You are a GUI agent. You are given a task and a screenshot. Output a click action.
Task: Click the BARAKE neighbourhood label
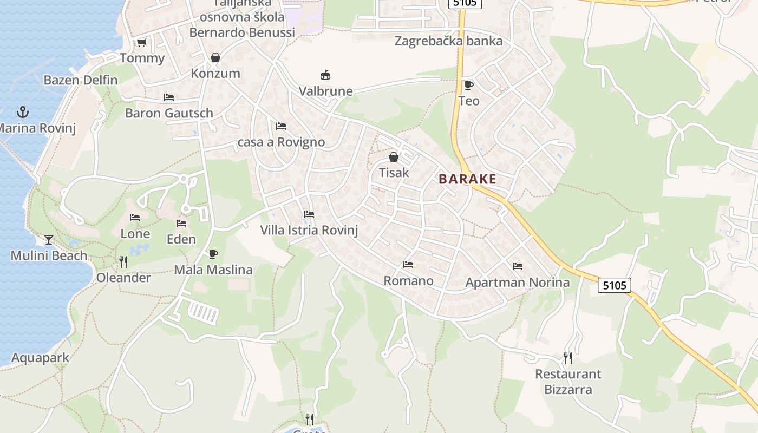tap(467, 179)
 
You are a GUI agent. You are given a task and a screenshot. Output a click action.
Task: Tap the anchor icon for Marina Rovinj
tap(23, 113)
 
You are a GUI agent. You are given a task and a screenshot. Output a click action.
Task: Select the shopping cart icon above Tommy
tap(141, 42)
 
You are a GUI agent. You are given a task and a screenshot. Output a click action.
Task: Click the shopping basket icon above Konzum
tap(215, 57)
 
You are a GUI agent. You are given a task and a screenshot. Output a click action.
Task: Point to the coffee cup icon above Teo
tap(468, 85)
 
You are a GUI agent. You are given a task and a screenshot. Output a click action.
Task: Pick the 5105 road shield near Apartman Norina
tap(615, 285)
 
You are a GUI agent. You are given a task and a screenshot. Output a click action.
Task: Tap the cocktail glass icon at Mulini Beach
tap(49, 239)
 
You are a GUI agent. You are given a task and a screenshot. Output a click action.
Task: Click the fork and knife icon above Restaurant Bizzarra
tap(567, 358)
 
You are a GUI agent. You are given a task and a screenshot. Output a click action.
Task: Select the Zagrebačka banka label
tap(448, 41)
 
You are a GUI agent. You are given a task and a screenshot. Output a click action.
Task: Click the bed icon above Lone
tap(135, 218)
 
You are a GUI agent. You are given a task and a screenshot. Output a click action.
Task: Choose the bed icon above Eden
tap(181, 223)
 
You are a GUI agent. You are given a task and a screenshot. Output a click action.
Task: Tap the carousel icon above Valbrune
tap(325, 75)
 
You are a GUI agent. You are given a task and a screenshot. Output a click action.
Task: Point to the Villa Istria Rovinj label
tap(309, 230)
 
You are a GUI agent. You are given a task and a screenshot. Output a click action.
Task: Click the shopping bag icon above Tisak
tap(393, 157)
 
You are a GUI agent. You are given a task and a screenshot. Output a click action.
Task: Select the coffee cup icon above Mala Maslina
tap(213, 254)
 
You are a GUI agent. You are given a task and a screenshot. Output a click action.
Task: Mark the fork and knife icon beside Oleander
tap(123, 262)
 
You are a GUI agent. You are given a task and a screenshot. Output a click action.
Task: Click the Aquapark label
tap(41, 358)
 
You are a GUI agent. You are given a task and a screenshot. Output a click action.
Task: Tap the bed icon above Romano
tap(408, 265)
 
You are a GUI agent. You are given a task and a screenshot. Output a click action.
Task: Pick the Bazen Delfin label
tap(81, 80)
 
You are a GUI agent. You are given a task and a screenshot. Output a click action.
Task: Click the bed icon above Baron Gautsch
tap(169, 97)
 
